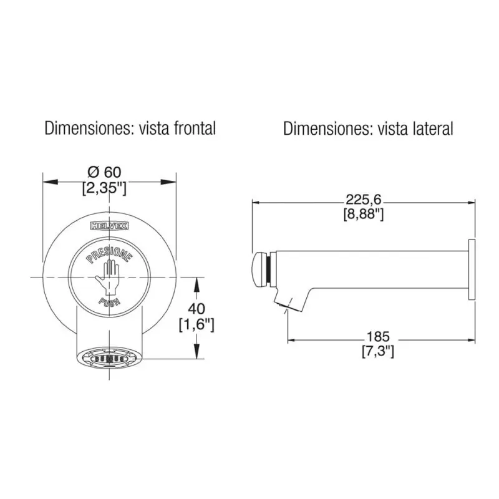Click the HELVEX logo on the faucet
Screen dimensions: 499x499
pyautogui.click(x=110, y=226)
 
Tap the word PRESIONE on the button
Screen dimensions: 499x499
pyautogui.click(x=109, y=254)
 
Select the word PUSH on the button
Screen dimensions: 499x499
pyautogui.click(x=110, y=301)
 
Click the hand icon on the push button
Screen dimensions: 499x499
pyautogui.click(x=107, y=276)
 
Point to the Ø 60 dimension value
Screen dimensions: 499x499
pyautogui.click(x=105, y=172)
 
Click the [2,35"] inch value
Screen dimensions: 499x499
pyautogui.click(x=104, y=188)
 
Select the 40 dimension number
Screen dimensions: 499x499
pyautogui.click(x=196, y=309)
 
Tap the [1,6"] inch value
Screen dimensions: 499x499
pyautogui.click(x=196, y=325)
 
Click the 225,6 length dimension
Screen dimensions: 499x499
pyautogui.click(x=364, y=200)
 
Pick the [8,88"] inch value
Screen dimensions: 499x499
pyautogui.click(x=364, y=214)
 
